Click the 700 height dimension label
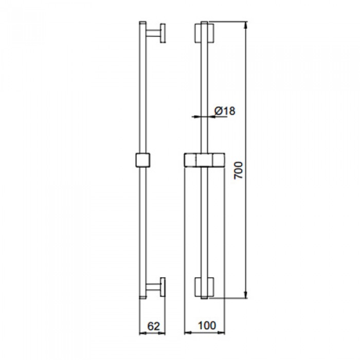(x=238, y=170)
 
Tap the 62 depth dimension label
(x=152, y=325)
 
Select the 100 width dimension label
(x=205, y=325)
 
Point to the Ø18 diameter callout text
(x=225, y=110)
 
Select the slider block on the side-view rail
(x=143, y=160)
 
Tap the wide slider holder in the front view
(x=205, y=160)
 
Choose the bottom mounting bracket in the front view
(x=205, y=288)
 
